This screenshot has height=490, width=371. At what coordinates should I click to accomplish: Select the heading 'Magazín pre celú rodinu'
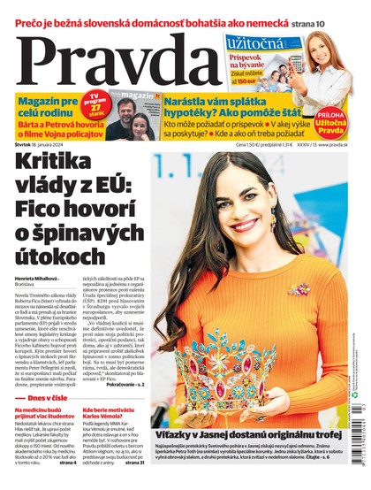(x=44, y=110)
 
